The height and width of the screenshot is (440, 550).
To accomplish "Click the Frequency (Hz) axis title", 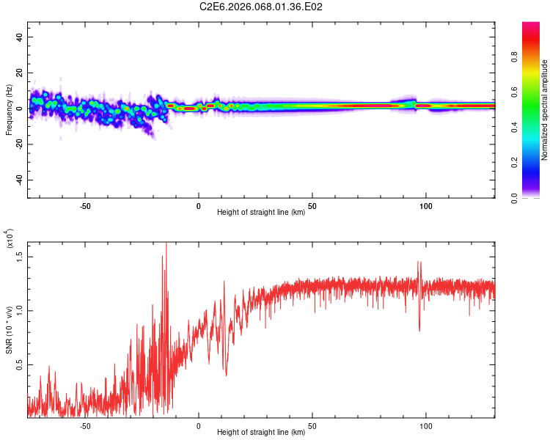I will click(9, 110).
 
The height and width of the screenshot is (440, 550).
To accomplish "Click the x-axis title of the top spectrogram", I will click(261, 213).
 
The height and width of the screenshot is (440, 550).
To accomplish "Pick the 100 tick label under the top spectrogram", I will click(426, 205).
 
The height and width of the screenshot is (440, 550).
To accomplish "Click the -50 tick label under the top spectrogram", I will click(85, 205).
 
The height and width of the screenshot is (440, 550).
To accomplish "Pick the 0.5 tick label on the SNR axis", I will click(21, 364).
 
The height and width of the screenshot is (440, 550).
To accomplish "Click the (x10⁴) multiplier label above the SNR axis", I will click(10, 238).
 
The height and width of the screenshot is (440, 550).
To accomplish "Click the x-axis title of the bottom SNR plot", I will click(261, 433).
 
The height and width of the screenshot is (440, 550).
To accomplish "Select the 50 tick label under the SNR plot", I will click(312, 425).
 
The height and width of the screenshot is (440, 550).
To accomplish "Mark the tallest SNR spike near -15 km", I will click(166, 245).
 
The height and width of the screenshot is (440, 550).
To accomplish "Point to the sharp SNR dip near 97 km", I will click(419, 329).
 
